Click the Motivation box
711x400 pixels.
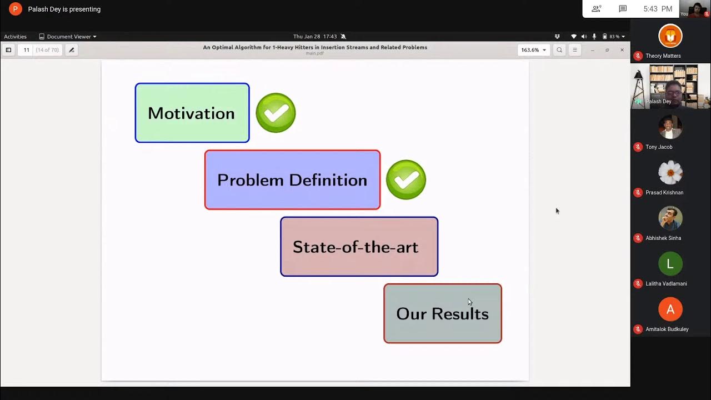tap(192, 113)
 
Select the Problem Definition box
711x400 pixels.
tap(292, 180)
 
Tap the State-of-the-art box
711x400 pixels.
tap(359, 247)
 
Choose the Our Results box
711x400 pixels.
tap(442, 314)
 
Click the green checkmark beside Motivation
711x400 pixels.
tap(276, 113)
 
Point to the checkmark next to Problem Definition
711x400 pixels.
tap(406, 180)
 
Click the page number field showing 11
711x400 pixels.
tap(26, 50)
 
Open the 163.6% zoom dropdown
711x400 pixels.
tap(533, 50)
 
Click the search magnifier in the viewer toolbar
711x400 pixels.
tap(559, 50)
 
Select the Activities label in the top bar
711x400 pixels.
tap(16, 37)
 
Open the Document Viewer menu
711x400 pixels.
tap(68, 37)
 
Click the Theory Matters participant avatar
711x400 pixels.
tap(670, 36)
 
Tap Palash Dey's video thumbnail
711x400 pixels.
tap(670, 86)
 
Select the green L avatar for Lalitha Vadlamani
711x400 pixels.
tap(670, 264)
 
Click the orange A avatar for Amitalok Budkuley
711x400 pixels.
tap(670, 309)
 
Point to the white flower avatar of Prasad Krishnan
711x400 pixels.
tap(670, 173)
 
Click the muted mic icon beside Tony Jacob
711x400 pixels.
tap(638, 147)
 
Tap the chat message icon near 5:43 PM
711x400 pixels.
tap(623, 9)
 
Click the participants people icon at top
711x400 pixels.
tap(597, 9)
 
